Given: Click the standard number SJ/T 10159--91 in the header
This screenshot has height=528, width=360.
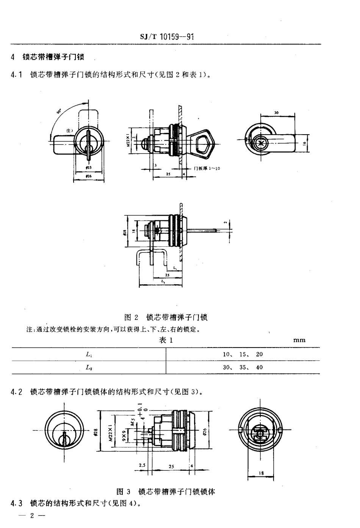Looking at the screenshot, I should [167, 37].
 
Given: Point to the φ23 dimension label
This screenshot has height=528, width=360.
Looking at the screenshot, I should [88, 167].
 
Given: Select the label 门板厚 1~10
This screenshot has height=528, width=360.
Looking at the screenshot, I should [207, 168].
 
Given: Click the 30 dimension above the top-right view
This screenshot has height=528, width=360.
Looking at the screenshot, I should [276, 113].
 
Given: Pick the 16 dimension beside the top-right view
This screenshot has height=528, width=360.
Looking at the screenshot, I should [304, 144].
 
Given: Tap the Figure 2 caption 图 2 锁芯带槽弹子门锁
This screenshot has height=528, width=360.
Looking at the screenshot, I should [166, 317].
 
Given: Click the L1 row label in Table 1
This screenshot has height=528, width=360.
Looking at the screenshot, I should [89, 355].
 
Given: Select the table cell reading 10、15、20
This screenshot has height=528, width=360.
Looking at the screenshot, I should [243, 354].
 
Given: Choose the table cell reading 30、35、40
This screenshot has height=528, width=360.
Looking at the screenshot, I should [243, 367].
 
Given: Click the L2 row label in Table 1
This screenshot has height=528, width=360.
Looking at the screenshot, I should [89, 367].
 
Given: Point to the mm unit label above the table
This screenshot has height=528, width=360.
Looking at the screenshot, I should [299, 340].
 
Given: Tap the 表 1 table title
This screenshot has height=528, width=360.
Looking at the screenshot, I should [166, 340].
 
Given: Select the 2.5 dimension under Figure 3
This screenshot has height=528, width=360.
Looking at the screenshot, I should [142, 465].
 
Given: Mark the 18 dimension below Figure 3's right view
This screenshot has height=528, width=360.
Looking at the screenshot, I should [261, 473].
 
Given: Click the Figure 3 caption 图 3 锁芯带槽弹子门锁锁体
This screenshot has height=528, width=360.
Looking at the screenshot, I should [166, 492].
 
